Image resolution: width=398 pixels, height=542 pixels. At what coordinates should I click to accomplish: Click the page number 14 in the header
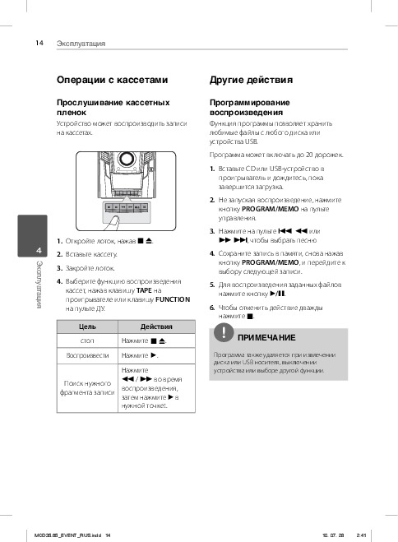(x=39, y=43)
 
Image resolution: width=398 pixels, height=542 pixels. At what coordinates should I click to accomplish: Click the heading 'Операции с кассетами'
(x=113, y=80)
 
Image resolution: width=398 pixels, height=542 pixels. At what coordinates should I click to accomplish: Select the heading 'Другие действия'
(x=251, y=80)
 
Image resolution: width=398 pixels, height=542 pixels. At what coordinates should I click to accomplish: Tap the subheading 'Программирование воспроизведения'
(x=249, y=108)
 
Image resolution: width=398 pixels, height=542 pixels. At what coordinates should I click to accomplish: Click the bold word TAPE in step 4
(x=144, y=290)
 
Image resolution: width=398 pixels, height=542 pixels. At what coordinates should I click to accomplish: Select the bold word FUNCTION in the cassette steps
(x=173, y=299)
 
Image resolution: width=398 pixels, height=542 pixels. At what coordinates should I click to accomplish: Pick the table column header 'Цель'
(x=87, y=327)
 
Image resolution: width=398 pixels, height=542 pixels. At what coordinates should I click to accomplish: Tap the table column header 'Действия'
(x=156, y=327)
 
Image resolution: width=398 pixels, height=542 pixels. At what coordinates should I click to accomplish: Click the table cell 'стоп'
(x=87, y=340)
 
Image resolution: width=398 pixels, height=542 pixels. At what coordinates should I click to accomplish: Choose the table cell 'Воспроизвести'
(x=87, y=355)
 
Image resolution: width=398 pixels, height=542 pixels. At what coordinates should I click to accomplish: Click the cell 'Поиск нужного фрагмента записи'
(x=87, y=388)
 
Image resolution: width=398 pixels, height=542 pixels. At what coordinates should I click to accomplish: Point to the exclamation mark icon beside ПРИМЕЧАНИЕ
(x=224, y=332)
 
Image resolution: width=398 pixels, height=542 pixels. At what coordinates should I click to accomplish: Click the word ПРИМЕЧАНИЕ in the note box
(x=266, y=338)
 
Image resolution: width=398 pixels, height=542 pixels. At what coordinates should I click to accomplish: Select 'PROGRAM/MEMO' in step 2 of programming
(x=271, y=209)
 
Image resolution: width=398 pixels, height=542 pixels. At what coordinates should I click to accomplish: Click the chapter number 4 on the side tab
(x=39, y=250)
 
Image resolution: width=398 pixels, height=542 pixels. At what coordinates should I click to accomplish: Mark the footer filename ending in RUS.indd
(x=67, y=535)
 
